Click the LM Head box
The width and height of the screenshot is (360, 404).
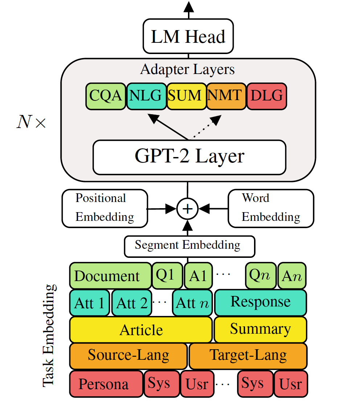coord(188,37)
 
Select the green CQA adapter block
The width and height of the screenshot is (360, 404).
coord(106,96)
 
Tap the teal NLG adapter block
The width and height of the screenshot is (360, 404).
coord(146,96)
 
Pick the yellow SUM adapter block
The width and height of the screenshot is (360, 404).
coord(187,96)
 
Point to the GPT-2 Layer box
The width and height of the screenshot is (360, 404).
coord(189,157)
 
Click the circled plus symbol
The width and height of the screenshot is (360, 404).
coord(188,209)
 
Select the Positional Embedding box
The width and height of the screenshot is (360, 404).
coord(105,208)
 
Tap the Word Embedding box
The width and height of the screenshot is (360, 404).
coord(271,208)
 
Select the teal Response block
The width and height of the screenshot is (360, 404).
coord(261,302)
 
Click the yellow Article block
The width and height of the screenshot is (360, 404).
coord(141,330)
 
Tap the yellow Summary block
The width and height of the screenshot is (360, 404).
coord(260,329)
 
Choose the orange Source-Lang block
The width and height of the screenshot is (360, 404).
coord(128,355)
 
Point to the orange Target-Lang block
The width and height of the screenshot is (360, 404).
coord(248,355)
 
